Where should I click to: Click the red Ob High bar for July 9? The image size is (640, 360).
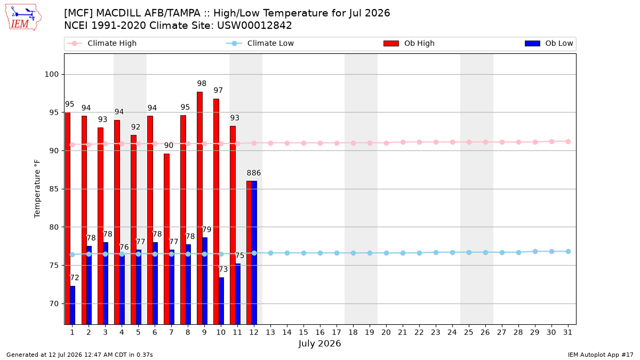click(x=199, y=208)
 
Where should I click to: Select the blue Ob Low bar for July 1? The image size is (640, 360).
click(x=73, y=305)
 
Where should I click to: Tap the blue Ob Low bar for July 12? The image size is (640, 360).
click(x=254, y=253)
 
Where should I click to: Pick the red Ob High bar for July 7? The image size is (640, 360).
click(x=166, y=239)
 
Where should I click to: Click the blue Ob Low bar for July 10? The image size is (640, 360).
click(x=221, y=301)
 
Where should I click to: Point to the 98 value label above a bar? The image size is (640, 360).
click(x=202, y=83)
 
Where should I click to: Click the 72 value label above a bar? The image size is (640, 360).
click(x=74, y=278)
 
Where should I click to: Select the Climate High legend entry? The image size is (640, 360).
click(x=101, y=43)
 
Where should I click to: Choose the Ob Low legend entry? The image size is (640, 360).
click(x=549, y=43)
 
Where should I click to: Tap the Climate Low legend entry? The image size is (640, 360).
click(x=260, y=43)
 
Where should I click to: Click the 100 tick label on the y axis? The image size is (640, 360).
click(x=51, y=74)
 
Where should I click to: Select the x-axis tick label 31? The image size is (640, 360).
click(x=567, y=332)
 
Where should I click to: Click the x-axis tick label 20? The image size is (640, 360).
click(x=386, y=332)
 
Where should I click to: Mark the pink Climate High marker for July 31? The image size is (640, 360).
click(x=569, y=142)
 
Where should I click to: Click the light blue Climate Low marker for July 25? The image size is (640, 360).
click(x=469, y=253)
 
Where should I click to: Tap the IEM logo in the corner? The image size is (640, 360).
click(x=23, y=17)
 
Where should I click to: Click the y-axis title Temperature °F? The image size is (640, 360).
click(x=37, y=189)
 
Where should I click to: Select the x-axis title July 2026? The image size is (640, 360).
click(x=319, y=343)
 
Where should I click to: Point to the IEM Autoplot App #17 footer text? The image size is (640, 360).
click(x=601, y=355)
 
